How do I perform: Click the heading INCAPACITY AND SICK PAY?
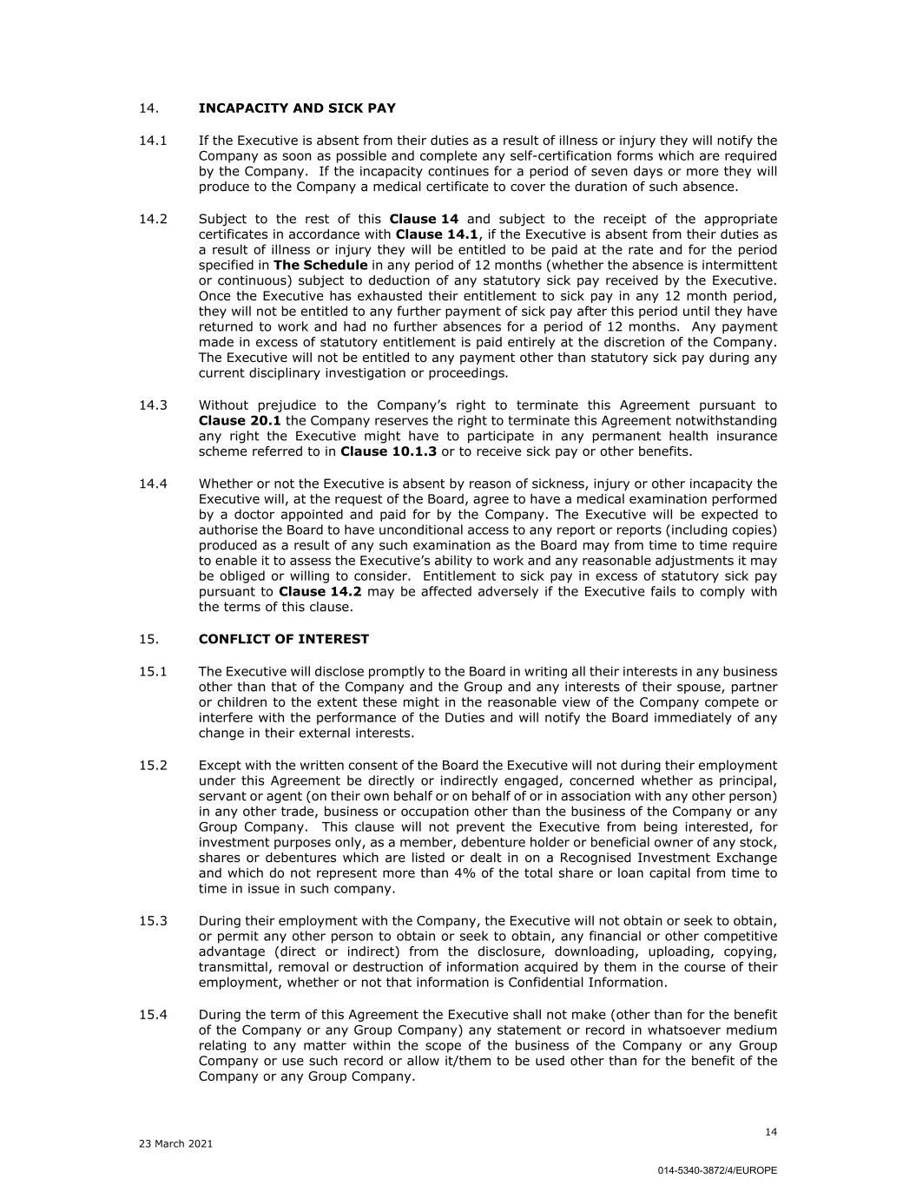(297, 109)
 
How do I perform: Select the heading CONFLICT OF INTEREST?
(283, 639)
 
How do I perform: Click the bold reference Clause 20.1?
(234, 421)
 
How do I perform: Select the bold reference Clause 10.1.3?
(388, 451)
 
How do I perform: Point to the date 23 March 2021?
(175, 1143)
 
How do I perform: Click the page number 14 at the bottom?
(771, 1131)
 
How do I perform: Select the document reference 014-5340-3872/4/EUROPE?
(717, 1170)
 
